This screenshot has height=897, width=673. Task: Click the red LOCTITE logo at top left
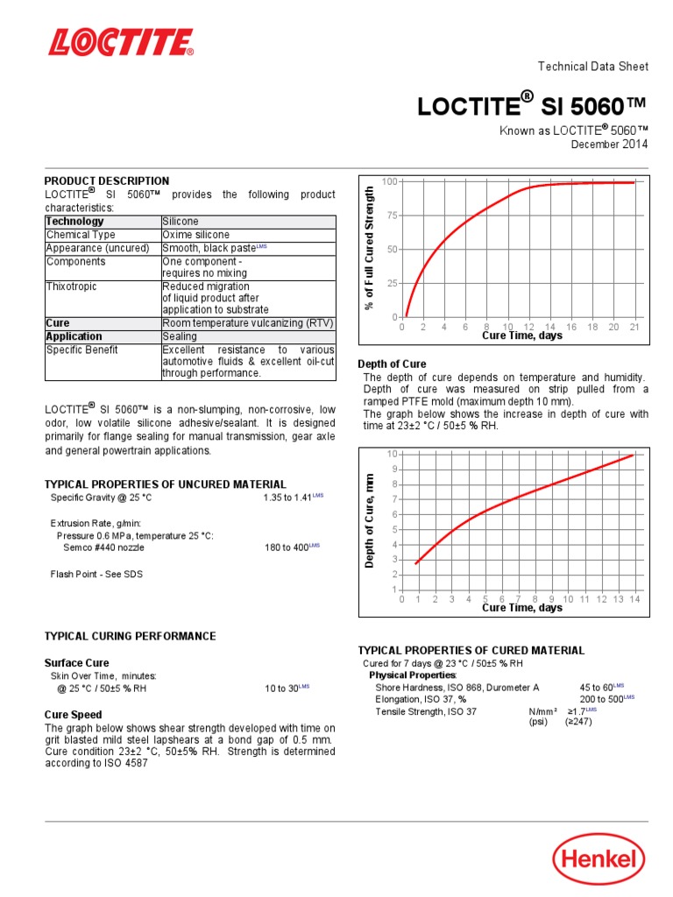coord(121,43)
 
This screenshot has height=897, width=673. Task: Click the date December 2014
coord(610,145)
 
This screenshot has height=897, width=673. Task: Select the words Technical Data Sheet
coord(592,67)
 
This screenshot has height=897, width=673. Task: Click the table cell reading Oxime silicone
coord(196,235)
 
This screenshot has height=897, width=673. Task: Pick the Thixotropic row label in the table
coord(72,286)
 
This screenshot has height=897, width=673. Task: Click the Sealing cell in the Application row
coord(180,336)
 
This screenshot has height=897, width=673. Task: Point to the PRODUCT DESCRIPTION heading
coord(107,181)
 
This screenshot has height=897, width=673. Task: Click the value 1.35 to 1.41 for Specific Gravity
coord(289,498)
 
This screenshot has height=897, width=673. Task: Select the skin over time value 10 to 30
coord(283,689)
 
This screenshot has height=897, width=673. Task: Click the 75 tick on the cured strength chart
coord(391,215)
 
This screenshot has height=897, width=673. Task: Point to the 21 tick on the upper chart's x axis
coord(635,327)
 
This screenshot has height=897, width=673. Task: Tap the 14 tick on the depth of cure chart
coord(634,599)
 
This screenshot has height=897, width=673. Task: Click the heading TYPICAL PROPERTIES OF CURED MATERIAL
coord(471,651)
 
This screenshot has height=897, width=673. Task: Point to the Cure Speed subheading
coord(74,715)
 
